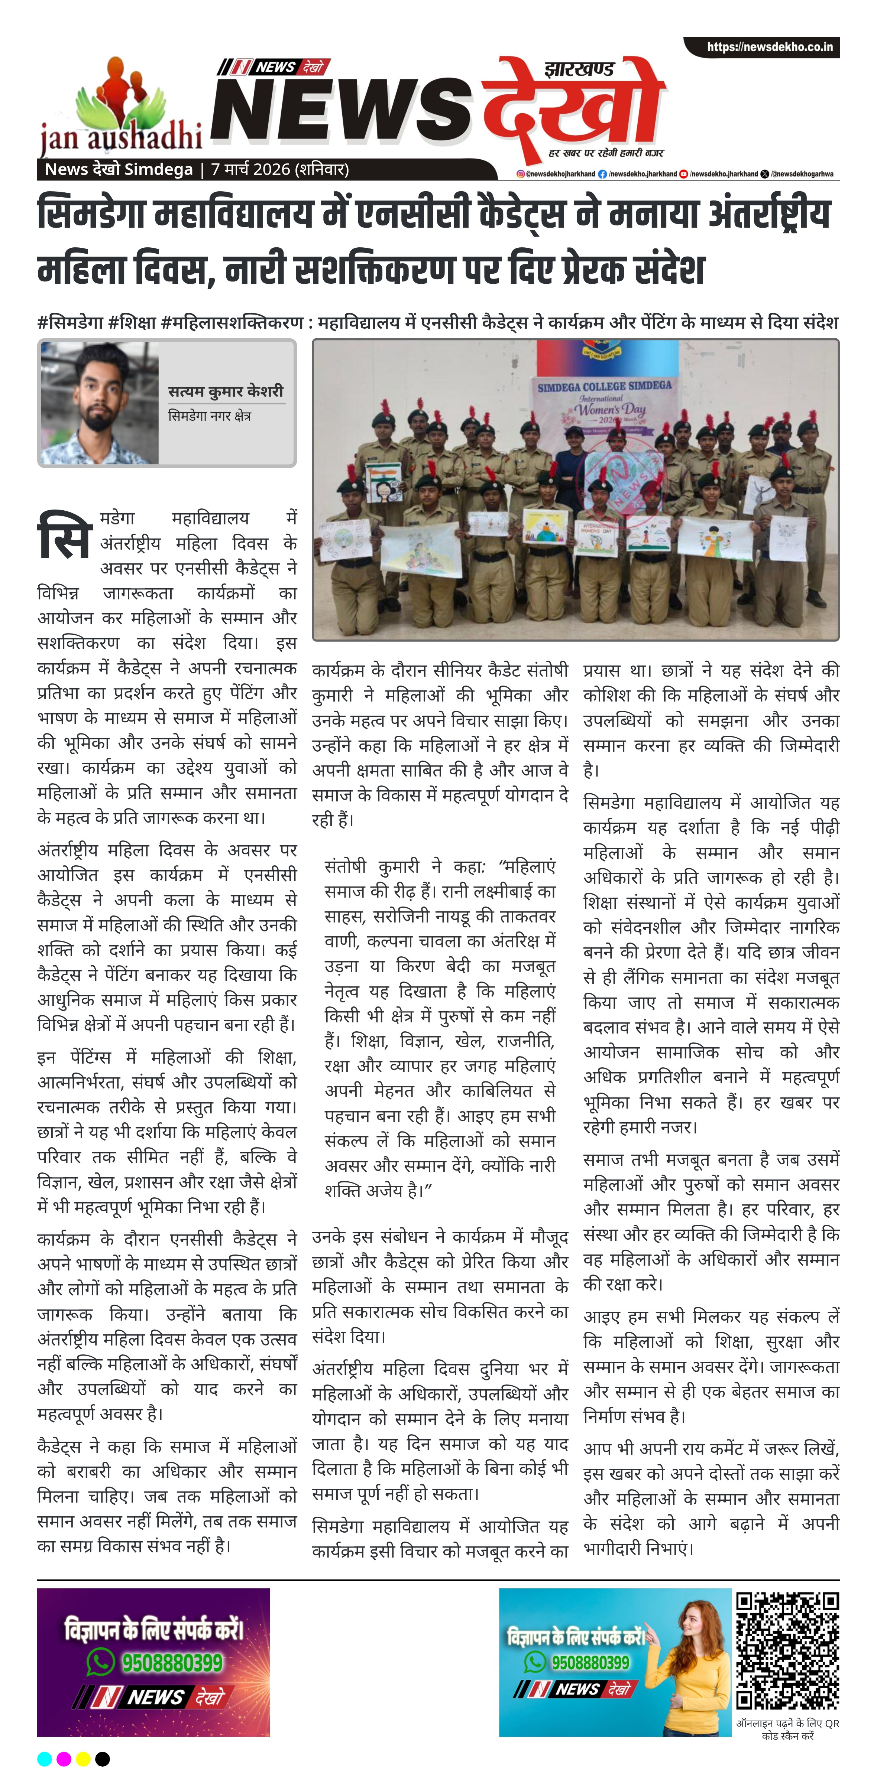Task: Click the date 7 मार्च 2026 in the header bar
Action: pyautogui.click(x=279, y=169)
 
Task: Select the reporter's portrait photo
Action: pyautogui.click(x=100, y=403)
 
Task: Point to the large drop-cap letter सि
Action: pyautogui.click(x=65, y=534)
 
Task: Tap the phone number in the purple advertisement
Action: pyautogui.click(x=172, y=1662)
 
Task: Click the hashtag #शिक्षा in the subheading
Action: pyautogui.click(x=132, y=322)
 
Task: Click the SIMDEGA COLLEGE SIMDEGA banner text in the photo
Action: pyautogui.click(x=604, y=386)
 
